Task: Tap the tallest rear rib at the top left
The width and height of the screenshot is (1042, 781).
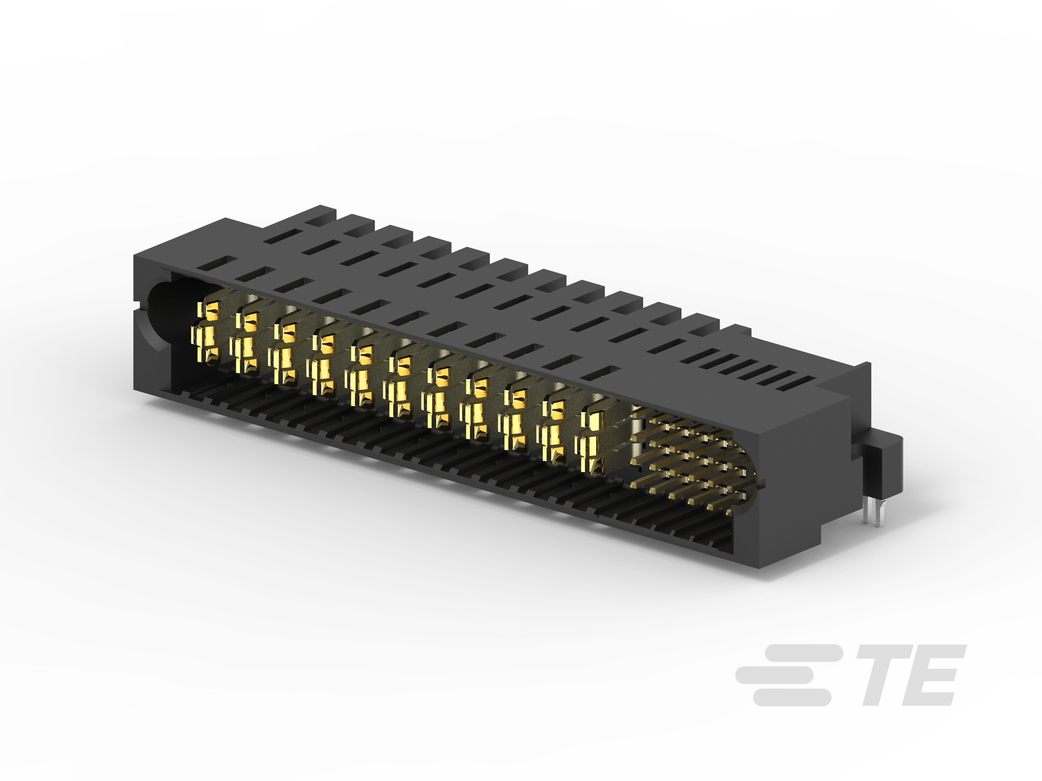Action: pos(320,214)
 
